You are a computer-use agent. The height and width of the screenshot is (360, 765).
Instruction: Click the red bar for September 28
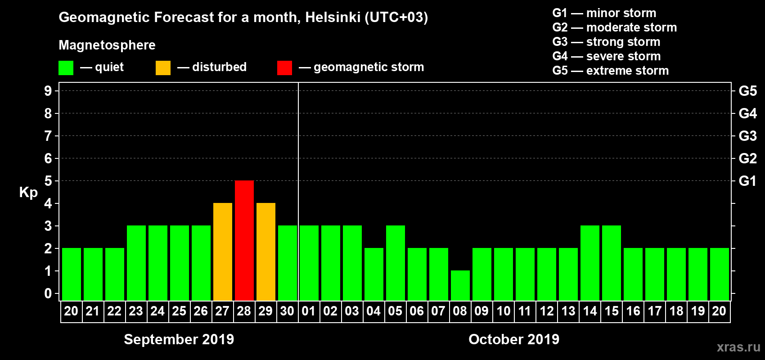tap(244, 240)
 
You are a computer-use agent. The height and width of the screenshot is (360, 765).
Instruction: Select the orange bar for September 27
tap(223, 252)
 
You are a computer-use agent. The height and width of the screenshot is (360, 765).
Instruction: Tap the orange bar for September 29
tap(266, 252)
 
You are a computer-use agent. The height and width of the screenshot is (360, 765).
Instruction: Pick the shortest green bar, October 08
tap(460, 285)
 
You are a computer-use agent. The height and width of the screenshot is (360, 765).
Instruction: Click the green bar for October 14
tap(590, 263)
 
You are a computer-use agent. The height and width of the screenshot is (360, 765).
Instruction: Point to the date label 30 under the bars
tap(287, 311)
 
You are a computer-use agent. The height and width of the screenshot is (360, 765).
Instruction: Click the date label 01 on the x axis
tap(309, 311)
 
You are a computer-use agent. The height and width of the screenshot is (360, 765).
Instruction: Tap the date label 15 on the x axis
tap(612, 311)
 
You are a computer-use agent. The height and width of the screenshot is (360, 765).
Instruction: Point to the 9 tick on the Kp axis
tap(48, 91)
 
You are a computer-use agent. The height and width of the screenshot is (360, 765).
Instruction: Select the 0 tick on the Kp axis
tap(48, 293)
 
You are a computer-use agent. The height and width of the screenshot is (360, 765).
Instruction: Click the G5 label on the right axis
tap(747, 91)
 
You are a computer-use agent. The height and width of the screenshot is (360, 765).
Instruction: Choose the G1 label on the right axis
tap(747, 181)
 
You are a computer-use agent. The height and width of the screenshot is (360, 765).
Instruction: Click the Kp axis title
tap(28, 192)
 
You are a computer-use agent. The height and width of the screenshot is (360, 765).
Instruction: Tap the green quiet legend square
tap(66, 68)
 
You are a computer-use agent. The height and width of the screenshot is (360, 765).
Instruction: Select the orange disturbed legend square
tap(163, 68)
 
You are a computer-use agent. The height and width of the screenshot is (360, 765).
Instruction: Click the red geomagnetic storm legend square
tap(284, 68)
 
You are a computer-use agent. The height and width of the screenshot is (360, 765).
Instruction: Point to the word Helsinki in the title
tap(333, 17)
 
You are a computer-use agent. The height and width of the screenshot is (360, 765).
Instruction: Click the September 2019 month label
tap(179, 339)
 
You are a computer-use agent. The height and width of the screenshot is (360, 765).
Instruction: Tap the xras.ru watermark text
tap(738, 347)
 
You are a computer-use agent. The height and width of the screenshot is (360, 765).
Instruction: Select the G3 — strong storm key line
tap(606, 42)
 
